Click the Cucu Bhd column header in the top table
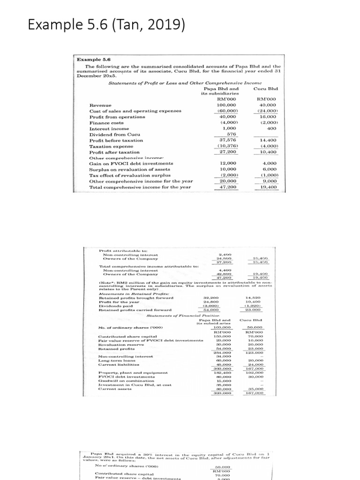(x=266, y=88)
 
